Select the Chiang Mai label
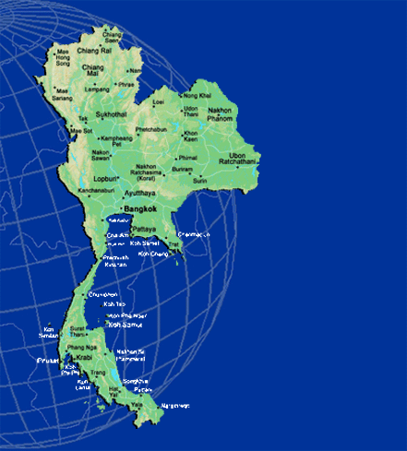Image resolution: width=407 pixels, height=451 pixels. [x=92, y=71]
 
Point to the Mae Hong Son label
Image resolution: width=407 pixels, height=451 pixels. [x=63, y=57]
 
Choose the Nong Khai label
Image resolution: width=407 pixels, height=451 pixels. [x=198, y=95]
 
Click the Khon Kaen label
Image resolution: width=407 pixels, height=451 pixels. [x=192, y=136]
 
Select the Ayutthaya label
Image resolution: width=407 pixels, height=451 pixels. [x=141, y=194]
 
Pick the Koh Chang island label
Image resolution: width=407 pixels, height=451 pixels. [x=153, y=254]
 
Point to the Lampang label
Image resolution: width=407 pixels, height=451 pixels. [x=98, y=89]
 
